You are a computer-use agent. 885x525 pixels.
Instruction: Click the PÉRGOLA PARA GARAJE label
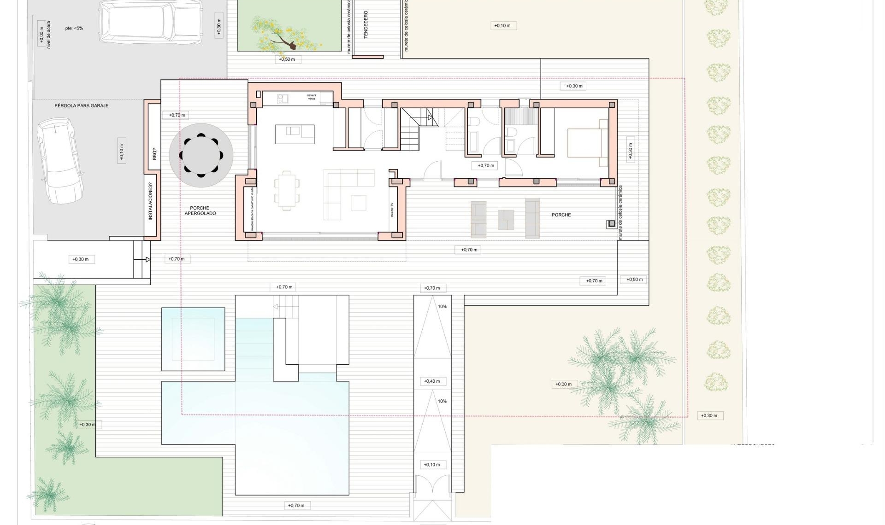tap(81, 105)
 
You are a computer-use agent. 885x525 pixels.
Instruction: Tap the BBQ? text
tap(154, 154)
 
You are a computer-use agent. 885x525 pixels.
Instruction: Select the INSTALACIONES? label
tap(150, 202)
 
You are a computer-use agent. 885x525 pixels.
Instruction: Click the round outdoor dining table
tap(201, 155)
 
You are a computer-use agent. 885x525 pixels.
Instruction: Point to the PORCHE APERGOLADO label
tap(200, 211)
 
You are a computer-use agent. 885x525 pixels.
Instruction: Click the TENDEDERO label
tap(366, 24)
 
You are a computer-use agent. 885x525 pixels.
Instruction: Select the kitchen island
tap(295, 134)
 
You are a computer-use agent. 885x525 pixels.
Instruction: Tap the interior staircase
tap(415, 130)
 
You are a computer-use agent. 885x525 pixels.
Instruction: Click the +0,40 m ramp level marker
tap(432, 381)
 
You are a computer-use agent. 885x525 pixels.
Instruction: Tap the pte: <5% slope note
tap(74, 28)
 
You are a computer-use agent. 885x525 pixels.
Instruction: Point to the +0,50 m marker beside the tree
tap(287, 59)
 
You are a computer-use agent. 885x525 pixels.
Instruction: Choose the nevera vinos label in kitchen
tap(312, 97)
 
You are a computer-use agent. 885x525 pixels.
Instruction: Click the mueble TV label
tap(392, 210)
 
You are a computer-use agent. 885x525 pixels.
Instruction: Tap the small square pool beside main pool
tap(193, 339)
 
